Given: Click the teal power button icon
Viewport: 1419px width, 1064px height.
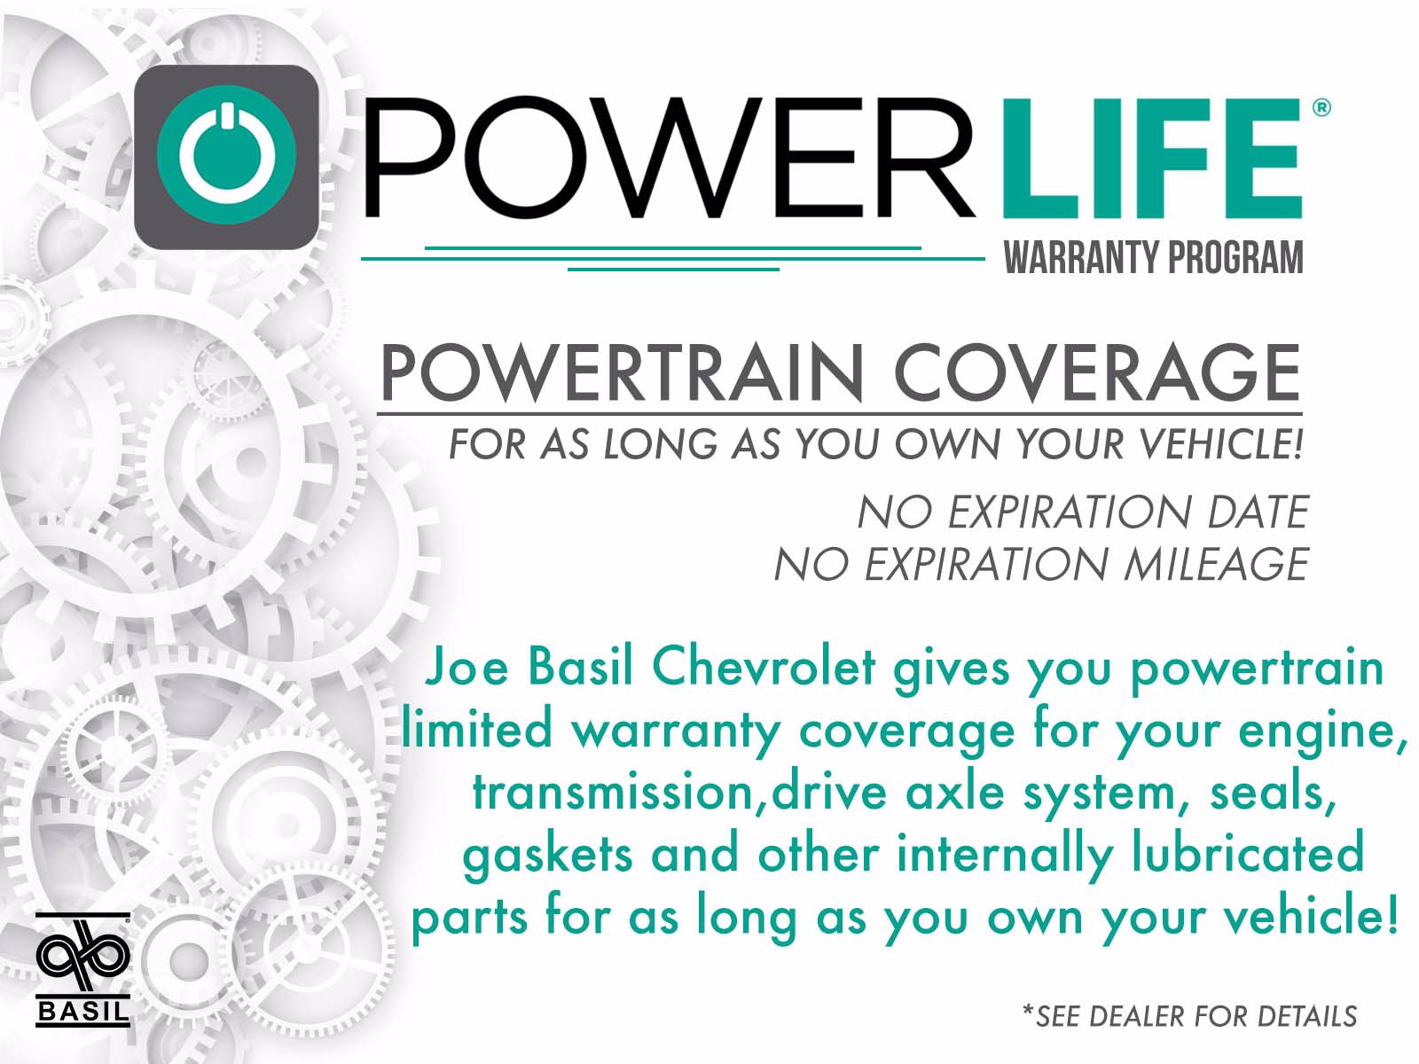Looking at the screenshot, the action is (226, 156).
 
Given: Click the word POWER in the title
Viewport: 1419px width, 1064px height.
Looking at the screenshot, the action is (669, 157).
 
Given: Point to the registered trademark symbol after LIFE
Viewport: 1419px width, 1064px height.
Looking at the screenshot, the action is (1321, 107).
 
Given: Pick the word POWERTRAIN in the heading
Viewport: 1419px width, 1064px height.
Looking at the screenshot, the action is (622, 373).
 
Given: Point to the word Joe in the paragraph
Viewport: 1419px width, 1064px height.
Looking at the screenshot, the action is (466, 667).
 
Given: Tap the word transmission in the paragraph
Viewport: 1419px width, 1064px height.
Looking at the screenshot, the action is (612, 792).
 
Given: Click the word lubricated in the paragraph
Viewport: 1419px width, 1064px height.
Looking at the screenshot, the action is (1248, 853).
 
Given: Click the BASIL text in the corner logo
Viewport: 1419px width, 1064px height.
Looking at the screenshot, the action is (82, 1011).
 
